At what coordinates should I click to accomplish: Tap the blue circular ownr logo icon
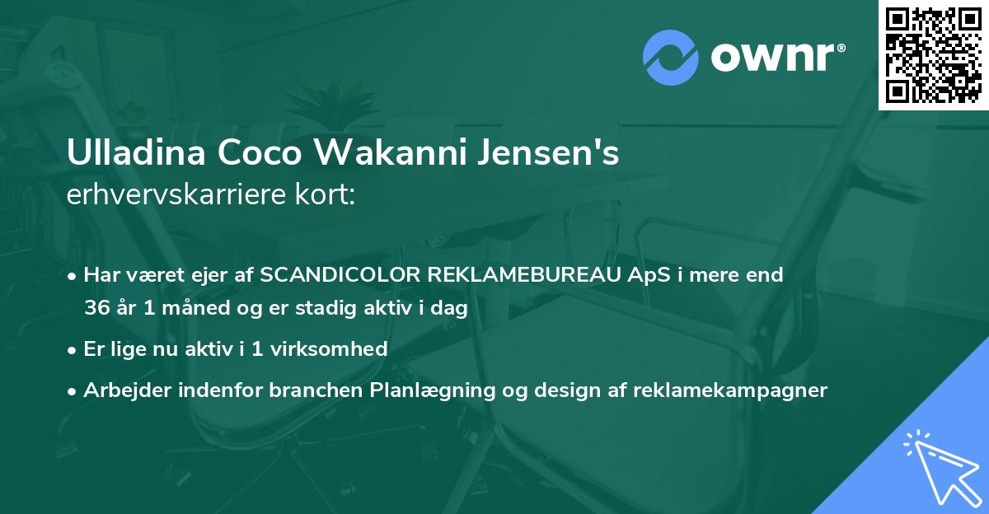[671, 58]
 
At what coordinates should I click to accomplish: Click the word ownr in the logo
[772, 58]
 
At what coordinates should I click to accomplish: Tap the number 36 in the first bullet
[96, 309]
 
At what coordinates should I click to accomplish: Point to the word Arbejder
[121, 390]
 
